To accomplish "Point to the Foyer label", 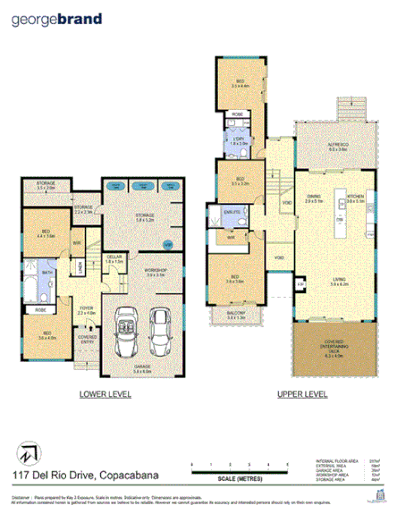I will click(x=86, y=311).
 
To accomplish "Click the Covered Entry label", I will click(x=88, y=339).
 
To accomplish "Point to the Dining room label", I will click(x=314, y=201).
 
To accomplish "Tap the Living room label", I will click(x=340, y=282).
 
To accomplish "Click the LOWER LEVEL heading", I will click(x=103, y=392).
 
